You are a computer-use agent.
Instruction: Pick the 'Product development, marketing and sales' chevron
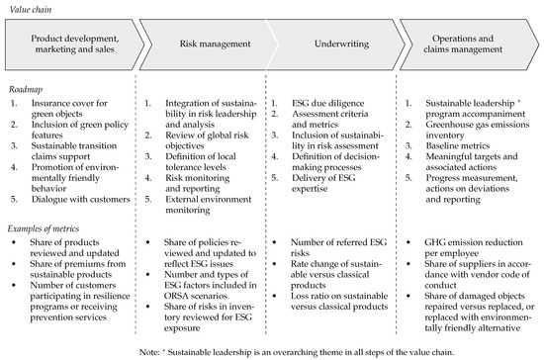(x=73, y=44)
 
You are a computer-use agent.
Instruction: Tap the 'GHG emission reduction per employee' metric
(x=475, y=242)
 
